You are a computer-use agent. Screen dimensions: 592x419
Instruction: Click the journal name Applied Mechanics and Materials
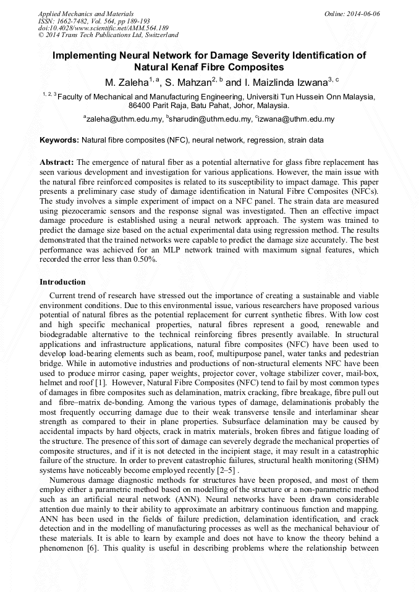86,13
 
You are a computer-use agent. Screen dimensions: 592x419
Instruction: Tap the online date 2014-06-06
363,13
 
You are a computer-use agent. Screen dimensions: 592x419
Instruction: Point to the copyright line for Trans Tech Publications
108,35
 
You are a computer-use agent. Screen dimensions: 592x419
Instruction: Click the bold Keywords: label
59,140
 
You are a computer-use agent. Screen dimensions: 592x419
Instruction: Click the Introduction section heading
62,281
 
